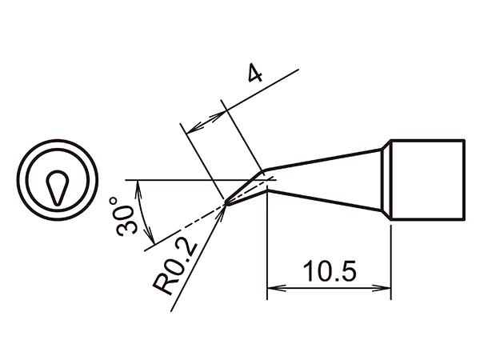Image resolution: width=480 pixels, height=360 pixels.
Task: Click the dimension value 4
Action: point(254,76)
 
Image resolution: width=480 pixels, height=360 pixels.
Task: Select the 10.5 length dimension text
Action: point(328,271)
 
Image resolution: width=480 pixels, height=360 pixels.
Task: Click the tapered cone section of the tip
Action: point(328,179)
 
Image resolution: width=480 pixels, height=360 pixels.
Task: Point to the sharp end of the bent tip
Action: point(227,203)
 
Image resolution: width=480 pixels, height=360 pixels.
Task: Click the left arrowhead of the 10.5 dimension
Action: point(272,287)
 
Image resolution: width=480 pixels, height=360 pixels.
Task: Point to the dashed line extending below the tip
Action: point(184,227)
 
